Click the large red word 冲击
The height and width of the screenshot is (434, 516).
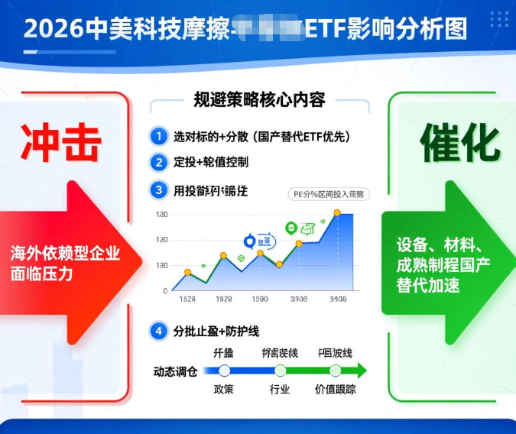tap(61, 141)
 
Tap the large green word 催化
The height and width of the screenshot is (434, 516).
tap(460, 142)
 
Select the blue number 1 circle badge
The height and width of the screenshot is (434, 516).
tap(158, 137)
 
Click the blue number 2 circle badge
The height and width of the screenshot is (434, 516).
tap(158, 162)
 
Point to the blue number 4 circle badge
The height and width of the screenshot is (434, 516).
tap(158, 331)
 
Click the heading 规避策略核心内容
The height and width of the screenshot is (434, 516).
tap(259, 99)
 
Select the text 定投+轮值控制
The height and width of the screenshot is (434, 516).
tap(211, 162)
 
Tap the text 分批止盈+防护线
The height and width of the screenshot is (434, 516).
tap(216, 331)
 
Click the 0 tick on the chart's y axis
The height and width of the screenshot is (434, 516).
tap(164, 290)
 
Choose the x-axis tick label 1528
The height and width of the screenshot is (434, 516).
tap(187, 300)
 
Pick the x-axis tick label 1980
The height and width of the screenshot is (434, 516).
tap(260, 300)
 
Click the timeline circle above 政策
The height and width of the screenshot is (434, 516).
tap(224, 371)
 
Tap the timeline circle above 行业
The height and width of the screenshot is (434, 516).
tap(281, 371)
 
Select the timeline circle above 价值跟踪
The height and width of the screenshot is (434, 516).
tap(334, 371)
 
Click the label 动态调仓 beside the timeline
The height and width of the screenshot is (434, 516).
tap(176, 371)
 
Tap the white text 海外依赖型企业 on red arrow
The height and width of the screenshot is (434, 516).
tap(66, 254)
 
